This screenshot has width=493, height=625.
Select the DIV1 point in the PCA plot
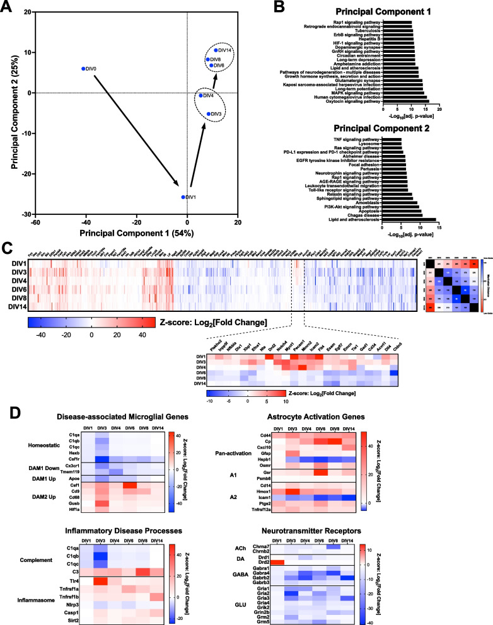pyautogui.click(x=183, y=197)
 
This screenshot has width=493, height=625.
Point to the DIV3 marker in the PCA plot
pyautogui.click(x=209, y=114)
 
